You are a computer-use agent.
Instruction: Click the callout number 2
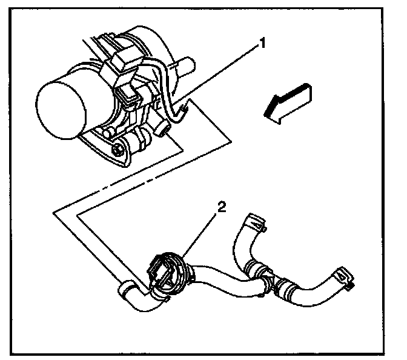[222, 207]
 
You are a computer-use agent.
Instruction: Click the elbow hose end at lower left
[130, 293]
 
